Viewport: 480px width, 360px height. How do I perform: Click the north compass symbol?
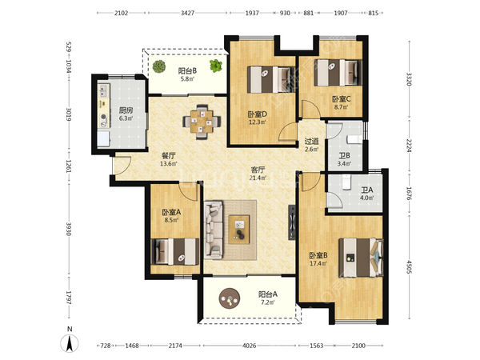click(70, 343)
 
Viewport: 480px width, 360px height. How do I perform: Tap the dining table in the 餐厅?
click(202, 122)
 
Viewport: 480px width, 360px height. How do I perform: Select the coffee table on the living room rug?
click(239, 230)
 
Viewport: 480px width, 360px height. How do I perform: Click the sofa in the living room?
click(214, 230)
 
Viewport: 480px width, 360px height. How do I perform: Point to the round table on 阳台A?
click(230, 298)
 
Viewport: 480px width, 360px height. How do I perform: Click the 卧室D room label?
click(258, 114)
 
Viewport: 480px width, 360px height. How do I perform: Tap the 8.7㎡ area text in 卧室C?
click(341, 107)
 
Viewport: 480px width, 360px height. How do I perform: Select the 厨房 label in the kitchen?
click(126, 110)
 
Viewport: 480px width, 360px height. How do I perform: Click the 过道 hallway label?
click(312, 142)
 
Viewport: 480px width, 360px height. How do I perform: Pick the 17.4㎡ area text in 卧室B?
click(318, 263)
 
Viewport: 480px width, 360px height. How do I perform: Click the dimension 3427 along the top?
click(188, 13)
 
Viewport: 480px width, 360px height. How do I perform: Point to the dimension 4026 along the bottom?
click(249, 346)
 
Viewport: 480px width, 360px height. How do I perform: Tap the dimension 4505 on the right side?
click(409, 268)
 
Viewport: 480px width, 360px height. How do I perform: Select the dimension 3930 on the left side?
click(68, 229)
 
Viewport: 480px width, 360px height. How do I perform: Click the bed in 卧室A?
click(175, 251)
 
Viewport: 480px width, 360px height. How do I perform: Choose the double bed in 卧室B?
click(362, 258)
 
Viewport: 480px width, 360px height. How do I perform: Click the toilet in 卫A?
click(347, 182)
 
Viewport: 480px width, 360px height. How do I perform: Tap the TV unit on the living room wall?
click(292, 222)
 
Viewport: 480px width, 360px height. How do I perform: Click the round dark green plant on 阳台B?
click(159, 66)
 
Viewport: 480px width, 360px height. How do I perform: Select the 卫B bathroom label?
click(344, 155)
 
